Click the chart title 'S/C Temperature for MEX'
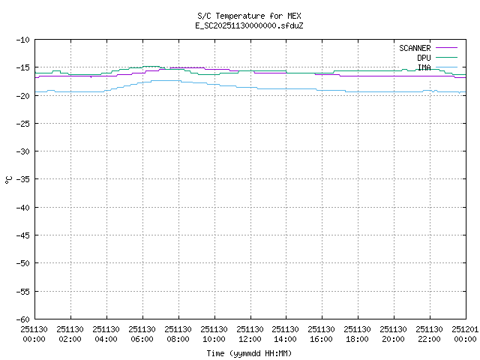(x=250, y=16)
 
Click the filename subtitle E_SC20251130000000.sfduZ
(x=250, y=25)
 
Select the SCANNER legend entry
(x=415, y=48)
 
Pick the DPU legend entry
(x=424, y=58)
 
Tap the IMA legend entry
(x=424, y=67)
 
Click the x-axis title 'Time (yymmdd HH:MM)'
(x=250, y=353)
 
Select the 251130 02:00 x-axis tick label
(x=70, y=333)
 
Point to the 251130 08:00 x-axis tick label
(x=178, y=333)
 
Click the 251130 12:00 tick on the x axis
(x=250, y=333)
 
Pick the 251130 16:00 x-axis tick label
(x=322, y=333)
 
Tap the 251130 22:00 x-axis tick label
(x=430, y=333)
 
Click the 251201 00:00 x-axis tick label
(x=464, y=333)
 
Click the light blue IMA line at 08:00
(x=178, y=80)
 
